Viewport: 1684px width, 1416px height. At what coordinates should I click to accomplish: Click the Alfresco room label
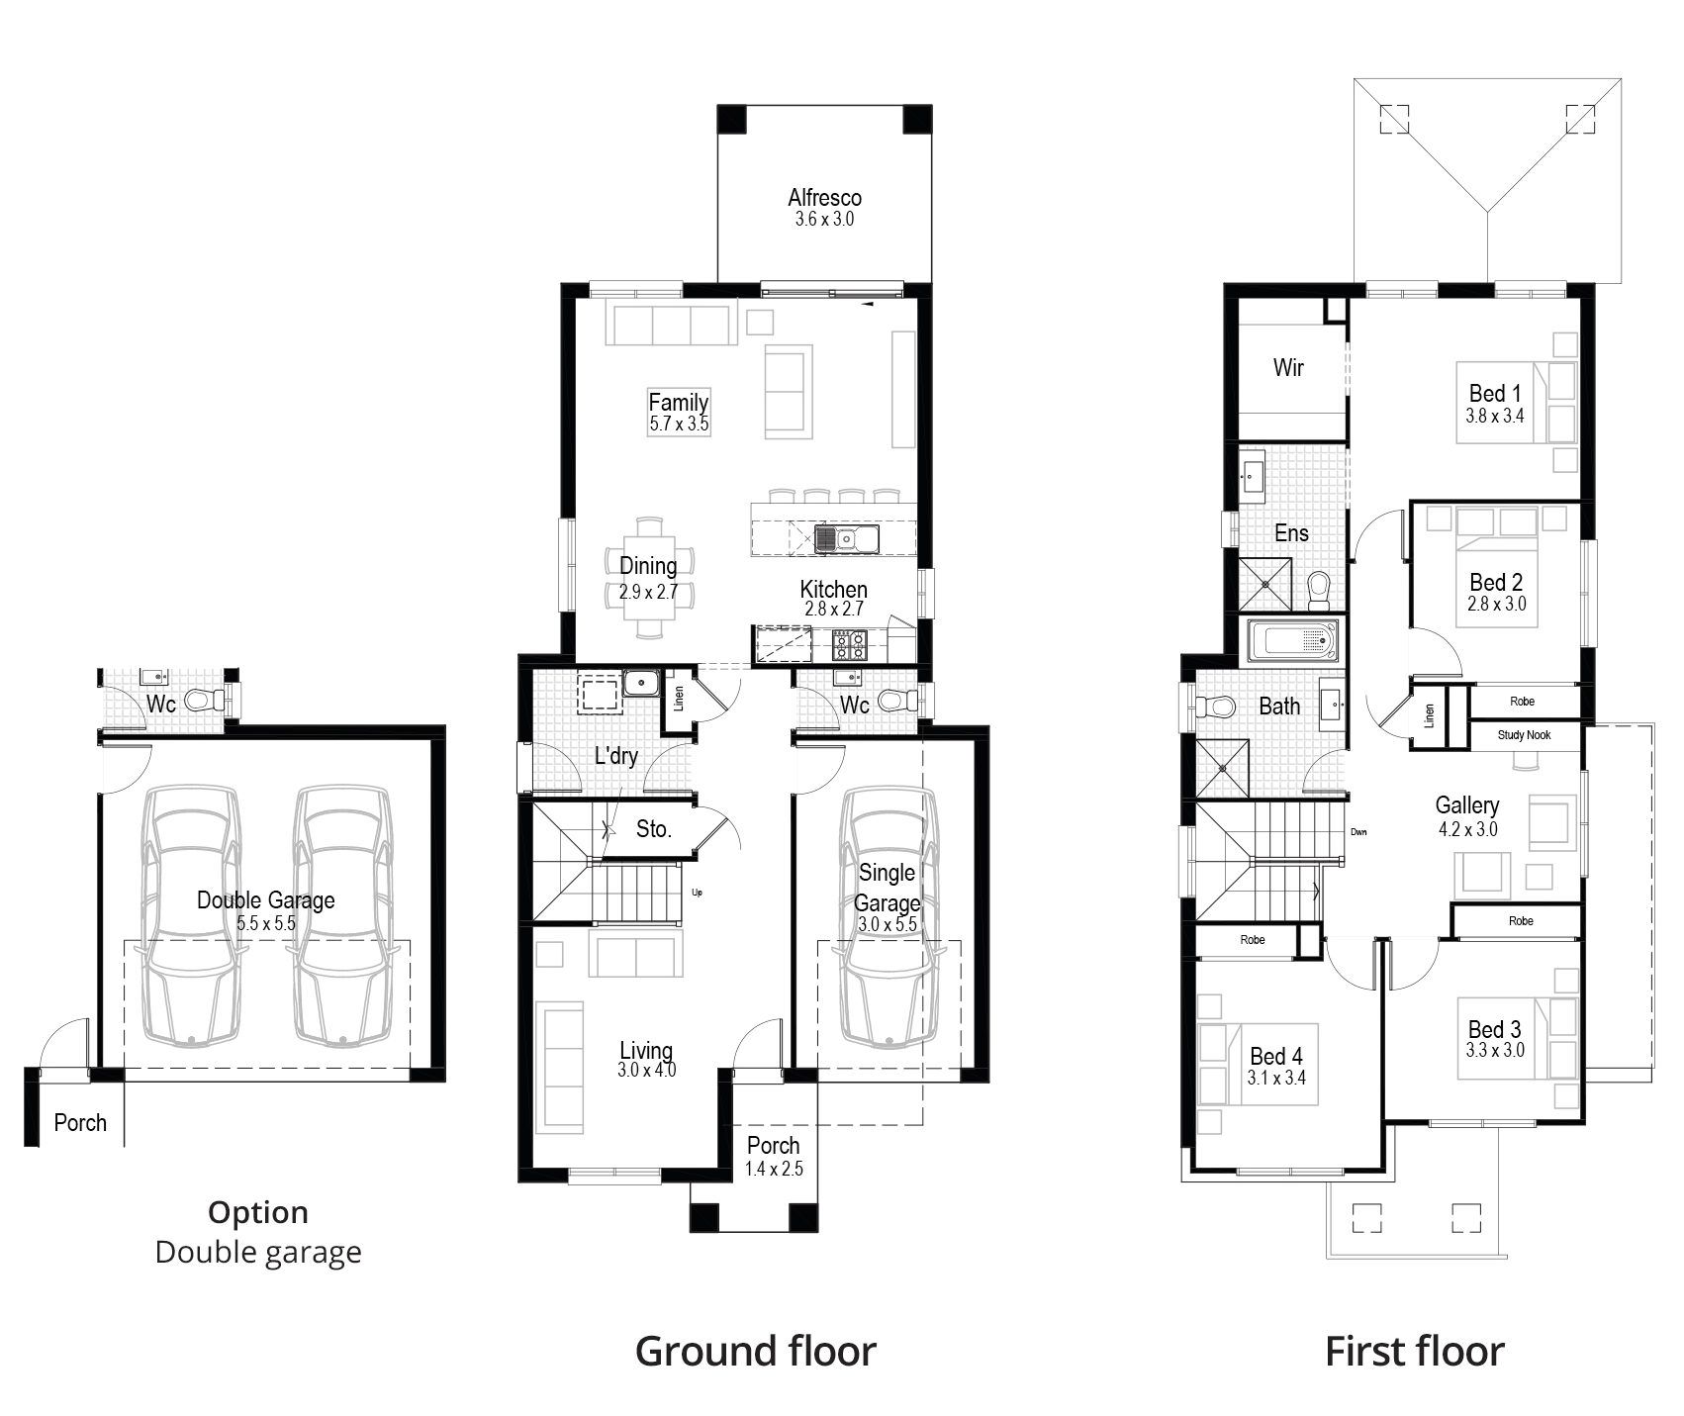tap(824, 197)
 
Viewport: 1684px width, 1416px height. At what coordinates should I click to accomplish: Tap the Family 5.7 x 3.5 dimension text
tap(679, 425)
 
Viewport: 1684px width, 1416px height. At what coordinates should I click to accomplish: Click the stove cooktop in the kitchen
tap(849, 645)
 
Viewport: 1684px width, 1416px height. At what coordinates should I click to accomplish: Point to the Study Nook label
tap(1524, 735)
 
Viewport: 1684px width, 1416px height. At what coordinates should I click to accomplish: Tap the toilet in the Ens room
tap(1319, 591)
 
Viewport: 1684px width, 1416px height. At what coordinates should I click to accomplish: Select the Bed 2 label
tap(1495, 582)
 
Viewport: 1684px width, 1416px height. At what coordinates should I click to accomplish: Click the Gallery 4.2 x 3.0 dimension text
tap(1467, 829)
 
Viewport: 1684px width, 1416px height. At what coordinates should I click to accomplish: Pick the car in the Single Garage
tap(887, 915)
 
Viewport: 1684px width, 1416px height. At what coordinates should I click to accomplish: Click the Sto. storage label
tap(653, 829)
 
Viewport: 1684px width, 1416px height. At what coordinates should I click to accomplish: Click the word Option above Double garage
tap(258, 1212)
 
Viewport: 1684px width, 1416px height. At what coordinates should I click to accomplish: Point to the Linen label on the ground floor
tap(679, 699)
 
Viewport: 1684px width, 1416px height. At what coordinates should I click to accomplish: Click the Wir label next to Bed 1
tap(1288, 368)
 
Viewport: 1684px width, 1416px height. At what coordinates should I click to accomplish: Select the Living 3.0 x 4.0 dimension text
tap(647, 1070)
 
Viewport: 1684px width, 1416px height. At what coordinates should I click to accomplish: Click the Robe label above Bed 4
tap(1253, 940)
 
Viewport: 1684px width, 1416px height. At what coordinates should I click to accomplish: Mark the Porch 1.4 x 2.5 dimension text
tap(774, 1169)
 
